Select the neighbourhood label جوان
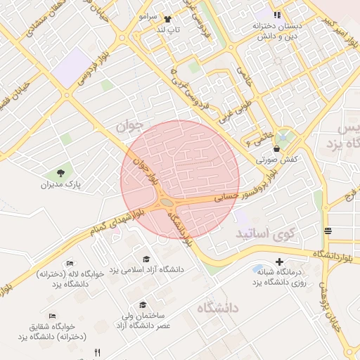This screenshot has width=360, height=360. point(129,125)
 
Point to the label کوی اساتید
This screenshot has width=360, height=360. point(266,231)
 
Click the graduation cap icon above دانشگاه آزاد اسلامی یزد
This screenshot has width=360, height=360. point(146,259)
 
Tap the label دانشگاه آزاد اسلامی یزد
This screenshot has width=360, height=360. point(153,269)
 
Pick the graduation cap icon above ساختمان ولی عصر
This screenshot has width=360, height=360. point(143,304)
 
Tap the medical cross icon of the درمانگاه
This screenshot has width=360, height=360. point(280,262)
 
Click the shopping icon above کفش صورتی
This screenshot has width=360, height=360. point(277,149)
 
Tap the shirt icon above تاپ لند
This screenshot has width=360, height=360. point(167,19)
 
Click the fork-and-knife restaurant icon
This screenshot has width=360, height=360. point(98,352)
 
